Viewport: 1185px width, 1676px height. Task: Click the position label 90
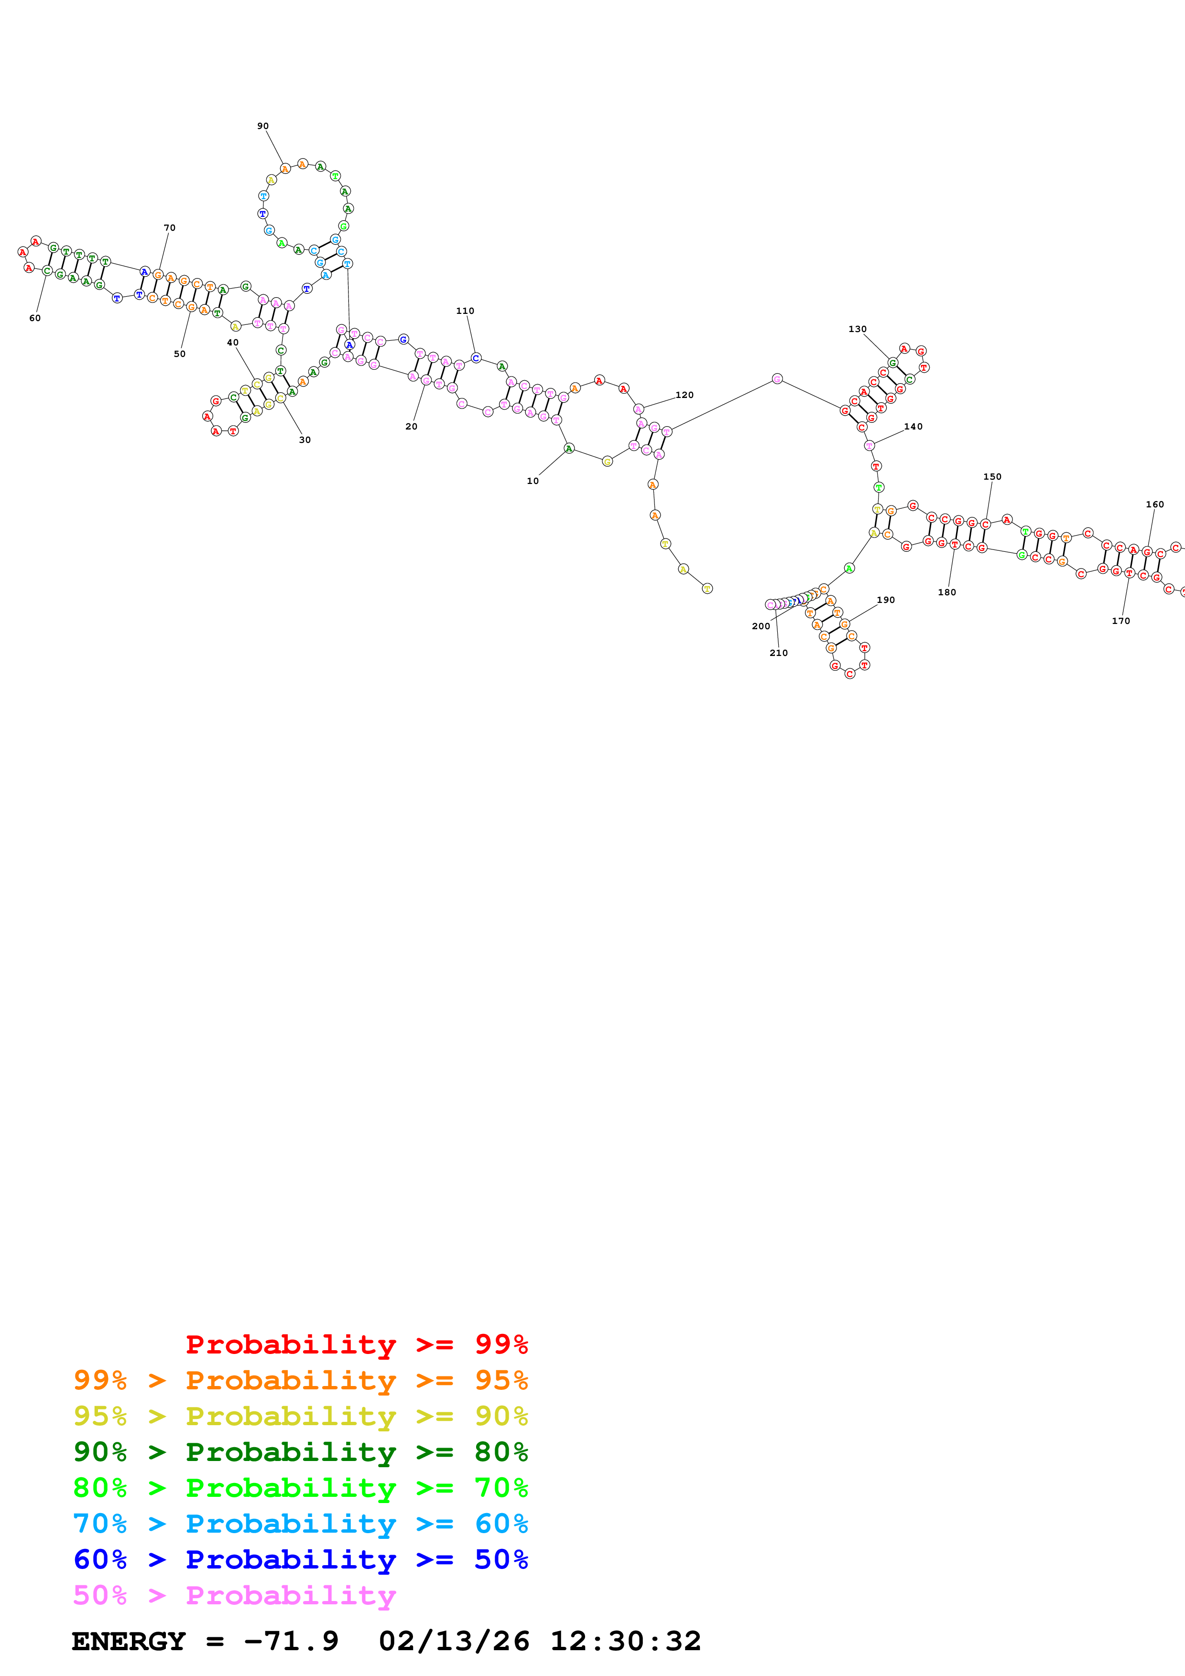263,126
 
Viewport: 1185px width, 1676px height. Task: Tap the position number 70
169,228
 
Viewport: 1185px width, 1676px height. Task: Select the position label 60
35,318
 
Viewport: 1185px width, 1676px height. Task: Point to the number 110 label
465,311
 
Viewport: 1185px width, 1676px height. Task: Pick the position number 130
857,329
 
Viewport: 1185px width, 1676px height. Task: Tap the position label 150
992,477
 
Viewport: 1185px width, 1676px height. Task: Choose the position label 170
1121,621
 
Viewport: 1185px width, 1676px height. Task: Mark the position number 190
886,600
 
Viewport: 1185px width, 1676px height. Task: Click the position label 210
778,653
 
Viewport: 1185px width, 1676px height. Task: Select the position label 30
304,440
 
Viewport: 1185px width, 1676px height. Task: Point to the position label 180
947,593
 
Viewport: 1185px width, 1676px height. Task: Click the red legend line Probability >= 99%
356,1344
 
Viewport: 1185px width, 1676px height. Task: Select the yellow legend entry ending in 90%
300,1416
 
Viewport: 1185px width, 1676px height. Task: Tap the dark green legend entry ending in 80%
300,1452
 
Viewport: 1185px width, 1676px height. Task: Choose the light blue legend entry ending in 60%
300,1524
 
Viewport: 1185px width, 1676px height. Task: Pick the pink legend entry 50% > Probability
234,1595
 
